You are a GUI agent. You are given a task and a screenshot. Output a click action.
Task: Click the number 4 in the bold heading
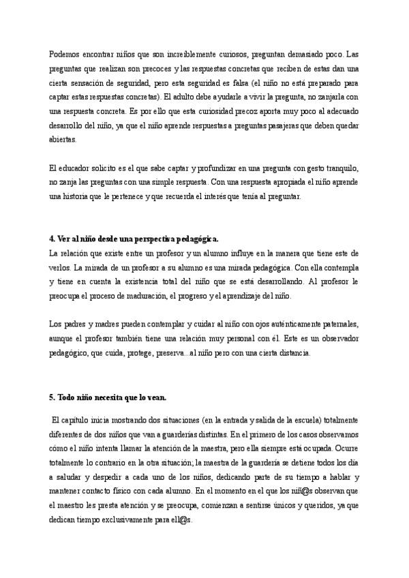[52, 240]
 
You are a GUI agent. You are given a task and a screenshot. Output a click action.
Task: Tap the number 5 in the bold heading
[52, 397]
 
